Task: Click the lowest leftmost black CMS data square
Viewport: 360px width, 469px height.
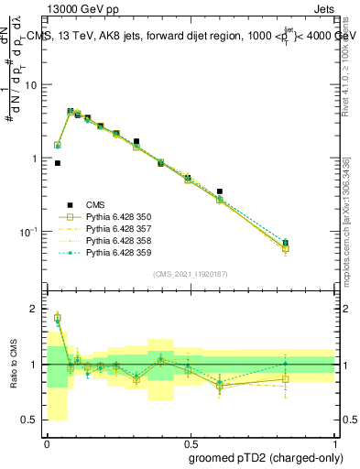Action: tap(58, 163)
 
